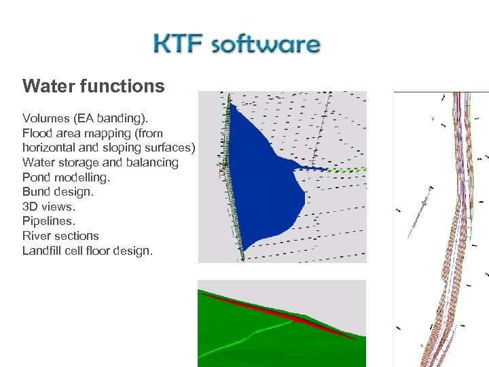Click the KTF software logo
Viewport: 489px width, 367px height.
[x=236, y=45]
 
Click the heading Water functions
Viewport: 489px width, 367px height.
[x=93, y=86]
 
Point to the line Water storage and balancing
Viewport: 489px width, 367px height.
[x=101, y=162]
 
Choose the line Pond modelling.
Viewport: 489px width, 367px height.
[x=66, y=177]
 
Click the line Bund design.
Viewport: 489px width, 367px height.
[x=58, y=192]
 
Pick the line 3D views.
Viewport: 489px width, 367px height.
[x=48, y=207]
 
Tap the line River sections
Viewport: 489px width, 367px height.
[x=60, y=236]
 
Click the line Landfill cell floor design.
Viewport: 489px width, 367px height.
[x=88, y=251]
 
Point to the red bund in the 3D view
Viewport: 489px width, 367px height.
[x=292, y=317]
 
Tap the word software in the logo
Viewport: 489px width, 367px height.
[x=266, y=46]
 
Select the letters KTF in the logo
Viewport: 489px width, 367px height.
[x=179, y=45]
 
